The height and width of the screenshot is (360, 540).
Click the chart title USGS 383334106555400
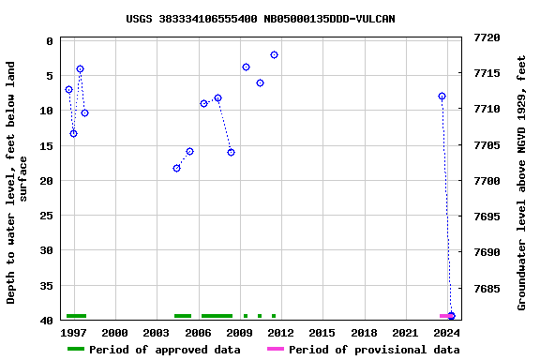pos(261,19)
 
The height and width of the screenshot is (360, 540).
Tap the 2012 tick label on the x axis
pos(280,333)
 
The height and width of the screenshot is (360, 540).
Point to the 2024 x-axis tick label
pos(446,333)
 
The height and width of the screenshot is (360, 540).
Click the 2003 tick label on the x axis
pos(156,333)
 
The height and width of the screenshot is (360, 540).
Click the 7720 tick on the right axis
pos(487,38)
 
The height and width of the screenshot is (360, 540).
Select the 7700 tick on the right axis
pos(487,181)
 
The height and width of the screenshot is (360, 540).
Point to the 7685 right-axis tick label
pos(487,289)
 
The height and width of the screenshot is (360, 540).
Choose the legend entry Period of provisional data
pos(374,350)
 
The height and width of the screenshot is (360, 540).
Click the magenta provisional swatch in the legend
pos(276,350)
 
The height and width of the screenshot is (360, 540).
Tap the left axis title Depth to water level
pos(18,182)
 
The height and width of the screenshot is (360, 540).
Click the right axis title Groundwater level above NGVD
pos(522,182)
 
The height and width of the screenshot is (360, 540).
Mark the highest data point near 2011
pos(274,54)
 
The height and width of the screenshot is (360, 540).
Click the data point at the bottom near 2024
pos(451,316)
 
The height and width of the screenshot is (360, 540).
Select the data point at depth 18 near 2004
pos(176,168)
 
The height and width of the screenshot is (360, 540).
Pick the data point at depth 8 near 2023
pos(442,96)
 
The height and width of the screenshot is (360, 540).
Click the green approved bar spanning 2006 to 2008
pos(217,316)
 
